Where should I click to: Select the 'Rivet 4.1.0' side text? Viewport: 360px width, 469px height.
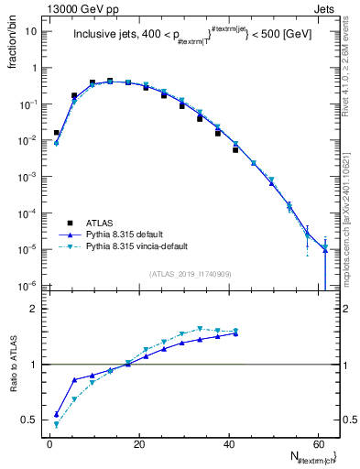click(350, 55)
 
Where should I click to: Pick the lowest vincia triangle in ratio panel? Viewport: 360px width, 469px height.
click(57, 425)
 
